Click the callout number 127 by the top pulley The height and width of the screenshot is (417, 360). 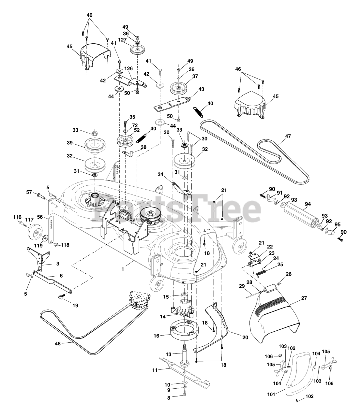point(123,39)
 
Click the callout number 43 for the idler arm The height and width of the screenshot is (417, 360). point(201,89)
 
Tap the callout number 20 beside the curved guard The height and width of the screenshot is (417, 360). point(245,338)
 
